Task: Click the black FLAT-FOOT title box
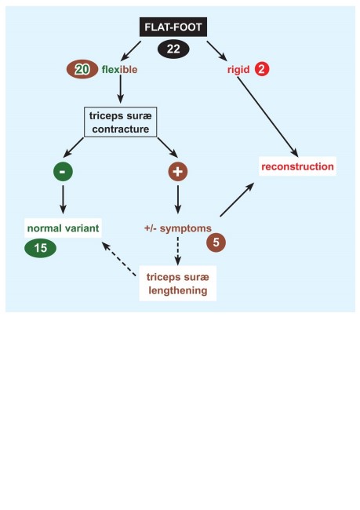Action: click(173, 27)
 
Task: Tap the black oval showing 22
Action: click(173, 49)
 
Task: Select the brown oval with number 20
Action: click(82, 69)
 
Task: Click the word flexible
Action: click(119, 70)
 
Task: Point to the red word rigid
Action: click(238, 70)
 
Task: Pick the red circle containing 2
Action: click(262, 70)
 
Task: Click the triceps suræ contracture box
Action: click(120, 122)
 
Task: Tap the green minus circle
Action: click(63, 171)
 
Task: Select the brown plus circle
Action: click(177, 171)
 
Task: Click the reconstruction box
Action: click(297, 166)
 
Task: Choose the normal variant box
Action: click(63, 228)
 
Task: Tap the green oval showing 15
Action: click(40, 248)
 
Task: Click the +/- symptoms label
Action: click(178, 228)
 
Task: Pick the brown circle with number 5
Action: click(216, 242)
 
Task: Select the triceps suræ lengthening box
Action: click(178, 283)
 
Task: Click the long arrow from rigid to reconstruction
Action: click(267, 117)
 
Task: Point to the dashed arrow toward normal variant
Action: click(119, 259)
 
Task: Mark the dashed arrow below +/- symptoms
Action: click(177, 251)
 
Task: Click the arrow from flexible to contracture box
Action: click(120, 89)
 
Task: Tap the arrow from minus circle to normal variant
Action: click(63, 199)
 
